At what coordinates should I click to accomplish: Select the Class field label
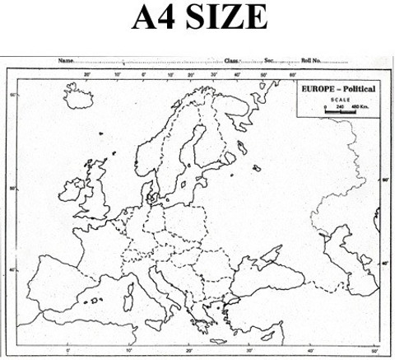232,61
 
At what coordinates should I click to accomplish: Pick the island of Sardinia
132,292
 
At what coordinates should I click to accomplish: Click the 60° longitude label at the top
291,75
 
